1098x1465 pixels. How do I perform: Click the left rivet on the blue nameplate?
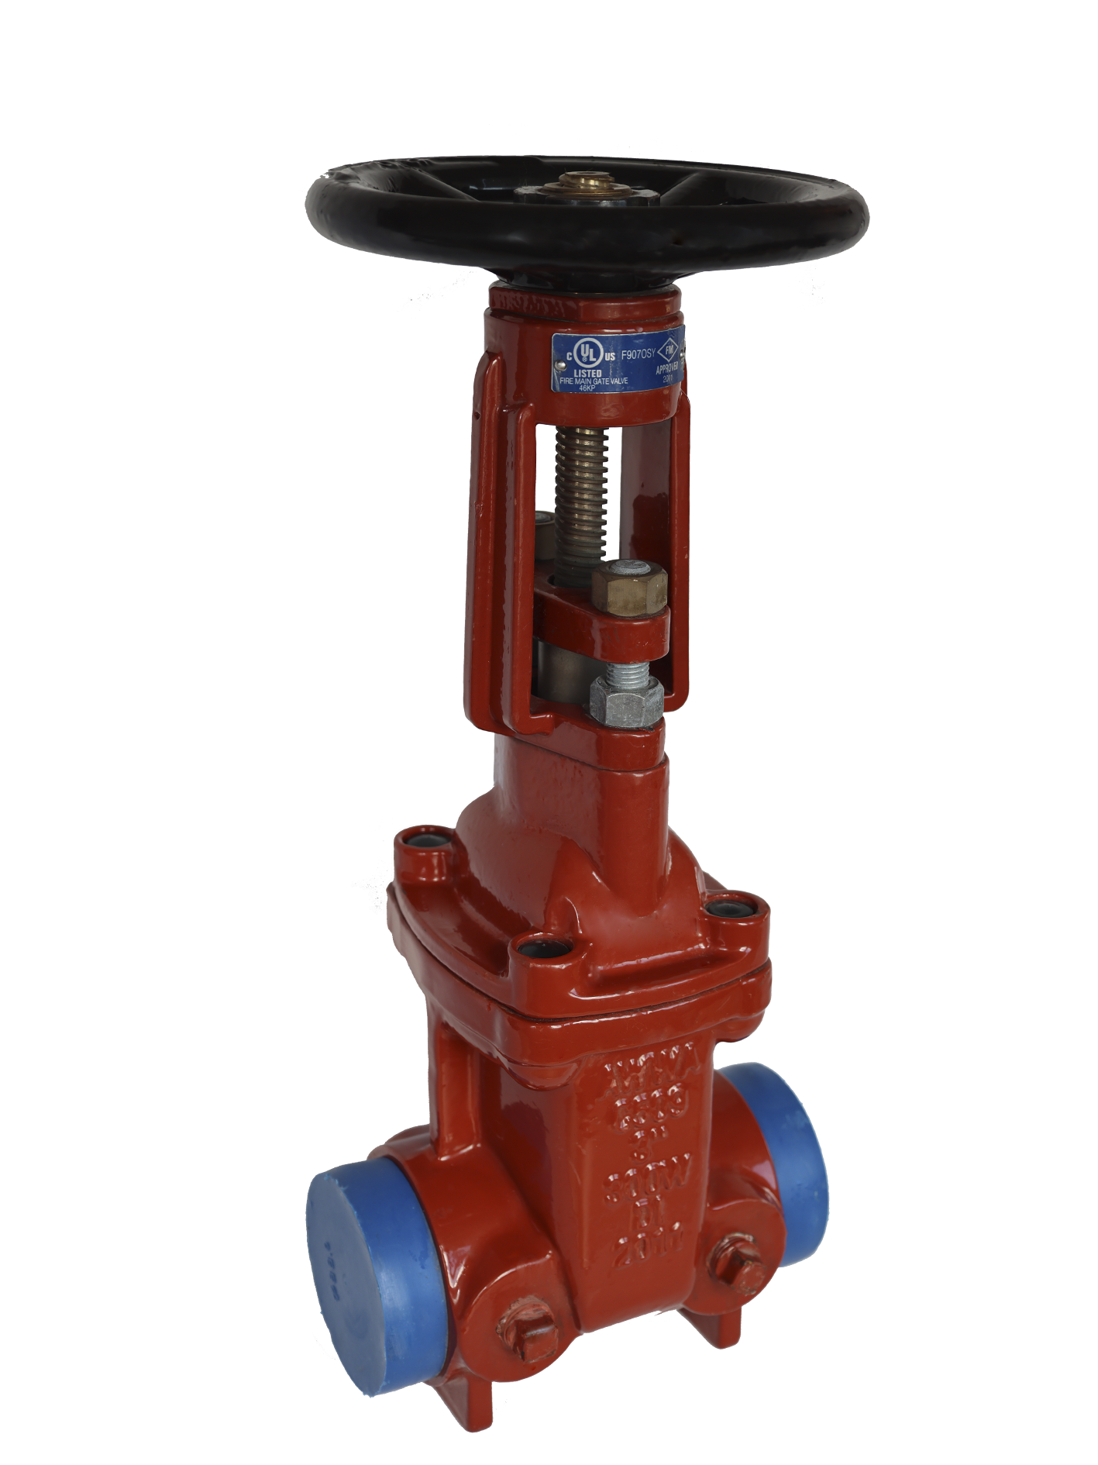556,364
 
